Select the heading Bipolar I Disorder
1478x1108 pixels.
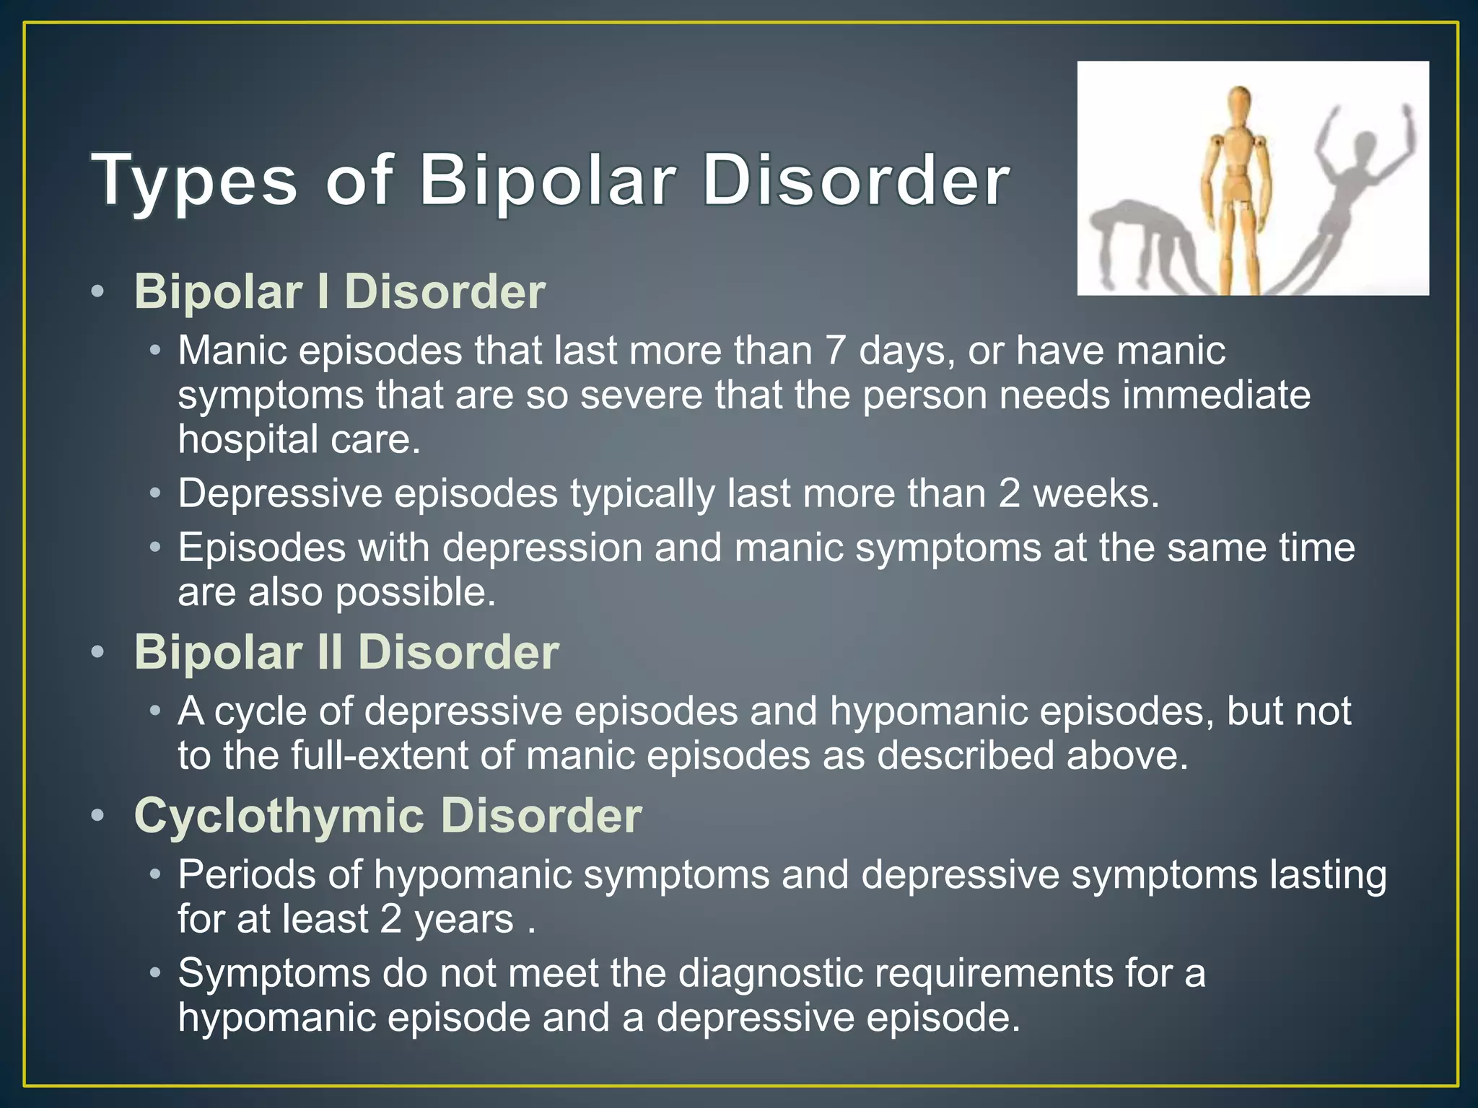339,292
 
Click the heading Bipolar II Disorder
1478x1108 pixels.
346,652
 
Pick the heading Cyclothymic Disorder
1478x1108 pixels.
388,816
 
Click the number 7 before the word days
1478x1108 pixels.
835,351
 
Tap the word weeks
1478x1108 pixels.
1096,494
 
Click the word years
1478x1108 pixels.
464,920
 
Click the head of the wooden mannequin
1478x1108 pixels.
1239,100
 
